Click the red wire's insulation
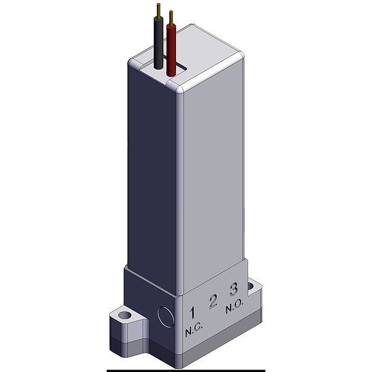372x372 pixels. [171, 50]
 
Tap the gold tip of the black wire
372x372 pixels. [158, 10]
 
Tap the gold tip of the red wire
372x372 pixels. [171, 17]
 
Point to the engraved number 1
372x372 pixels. [193, 312]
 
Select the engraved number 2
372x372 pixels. [213, 301]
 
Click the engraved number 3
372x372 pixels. [234, 290]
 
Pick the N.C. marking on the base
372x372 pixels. [194, 330]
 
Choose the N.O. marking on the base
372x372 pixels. [234, 308]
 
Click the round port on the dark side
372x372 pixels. [166, 317]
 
